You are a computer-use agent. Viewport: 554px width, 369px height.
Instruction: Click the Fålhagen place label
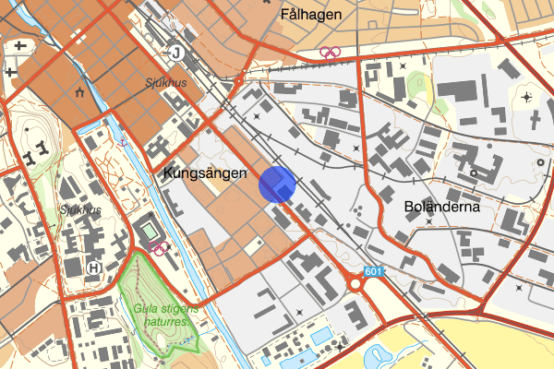[310, 15]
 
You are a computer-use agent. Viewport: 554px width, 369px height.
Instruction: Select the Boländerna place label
[439, 208]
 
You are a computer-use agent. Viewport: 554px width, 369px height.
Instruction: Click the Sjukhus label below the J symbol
[166, 81]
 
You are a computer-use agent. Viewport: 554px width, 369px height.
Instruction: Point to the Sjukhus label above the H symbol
[80, 209]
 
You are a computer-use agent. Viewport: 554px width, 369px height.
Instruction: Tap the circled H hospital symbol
[93, 268]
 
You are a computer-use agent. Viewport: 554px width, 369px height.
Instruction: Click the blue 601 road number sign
[372, 272]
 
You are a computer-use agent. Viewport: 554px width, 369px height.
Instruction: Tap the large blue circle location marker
[276, 184]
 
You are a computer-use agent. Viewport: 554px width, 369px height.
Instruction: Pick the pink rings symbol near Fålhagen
[330, 53]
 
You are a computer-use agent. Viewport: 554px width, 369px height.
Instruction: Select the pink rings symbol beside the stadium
[159, 247]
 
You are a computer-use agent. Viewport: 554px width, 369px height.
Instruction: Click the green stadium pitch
[149, 230]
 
